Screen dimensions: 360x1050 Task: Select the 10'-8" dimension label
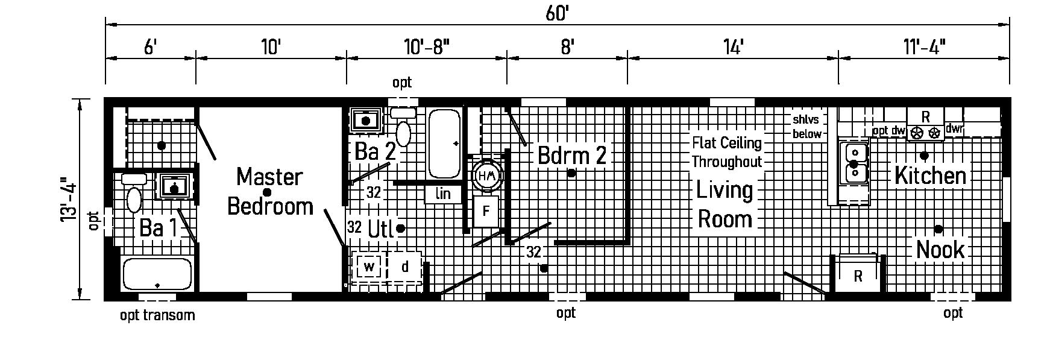(426, 46)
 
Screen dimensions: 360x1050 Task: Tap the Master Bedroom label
(269, 191)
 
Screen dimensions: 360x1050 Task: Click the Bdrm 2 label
(571, 156)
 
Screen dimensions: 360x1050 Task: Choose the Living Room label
(725, 204)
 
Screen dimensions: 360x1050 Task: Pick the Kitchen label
(930, 175)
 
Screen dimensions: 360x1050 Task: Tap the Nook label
(940, 249)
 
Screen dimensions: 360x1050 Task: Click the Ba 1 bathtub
(157, 274)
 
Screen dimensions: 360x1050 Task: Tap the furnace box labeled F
(486, 212)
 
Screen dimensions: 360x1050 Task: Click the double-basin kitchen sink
(855, 163)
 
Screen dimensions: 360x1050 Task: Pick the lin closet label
(443, 194)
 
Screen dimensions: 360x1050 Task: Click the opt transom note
(157, 315)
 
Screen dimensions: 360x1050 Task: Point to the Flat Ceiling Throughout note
(726, 152)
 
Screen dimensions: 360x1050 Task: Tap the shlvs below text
(806, 127)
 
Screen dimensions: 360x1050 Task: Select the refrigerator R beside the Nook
(858, 276)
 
